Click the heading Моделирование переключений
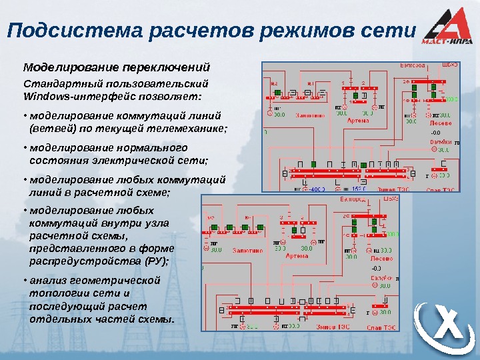pos(117,68)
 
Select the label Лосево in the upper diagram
pos(437,123)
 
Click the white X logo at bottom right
pos(445,328)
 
